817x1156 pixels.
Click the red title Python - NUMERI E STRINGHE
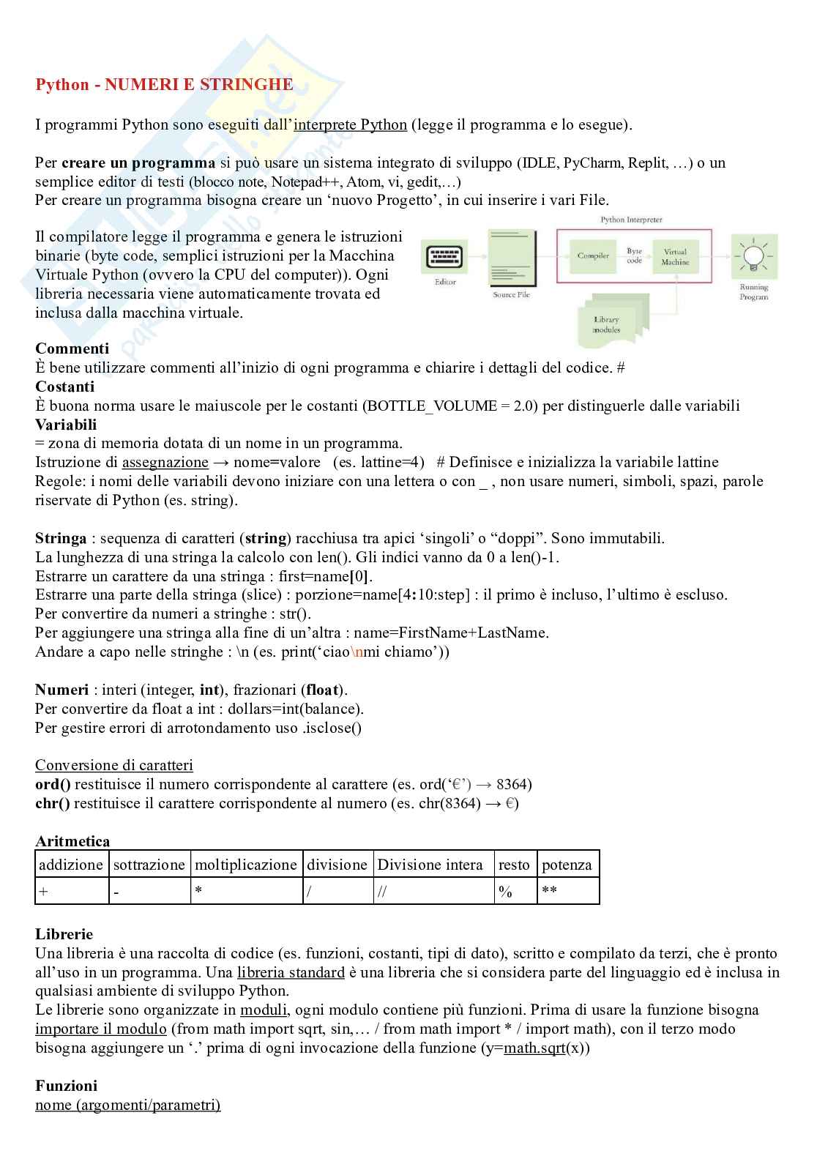(164, 85)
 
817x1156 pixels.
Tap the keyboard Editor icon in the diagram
(444, 258)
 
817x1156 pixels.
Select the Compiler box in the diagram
(593, 256)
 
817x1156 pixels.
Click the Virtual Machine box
(675, 256)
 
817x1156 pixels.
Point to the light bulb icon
(753, 256)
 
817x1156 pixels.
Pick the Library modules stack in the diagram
(607, 321)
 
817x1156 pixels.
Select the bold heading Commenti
(72, 348)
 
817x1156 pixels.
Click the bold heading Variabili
(66, 425)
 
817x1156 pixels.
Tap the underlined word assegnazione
(165, 463)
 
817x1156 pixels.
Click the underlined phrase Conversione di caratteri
(114, 766)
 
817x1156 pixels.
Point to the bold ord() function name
(53, 785)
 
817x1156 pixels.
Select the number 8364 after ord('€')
(514, 785)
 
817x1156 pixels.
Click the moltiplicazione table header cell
(246, 865)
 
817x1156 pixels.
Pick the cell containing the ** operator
(568, 891)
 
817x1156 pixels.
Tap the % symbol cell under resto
(515, 891)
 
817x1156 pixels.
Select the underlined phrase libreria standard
(291, 973)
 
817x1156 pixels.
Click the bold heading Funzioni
(66, 1086)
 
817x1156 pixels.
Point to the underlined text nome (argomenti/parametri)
(127, 1105)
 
